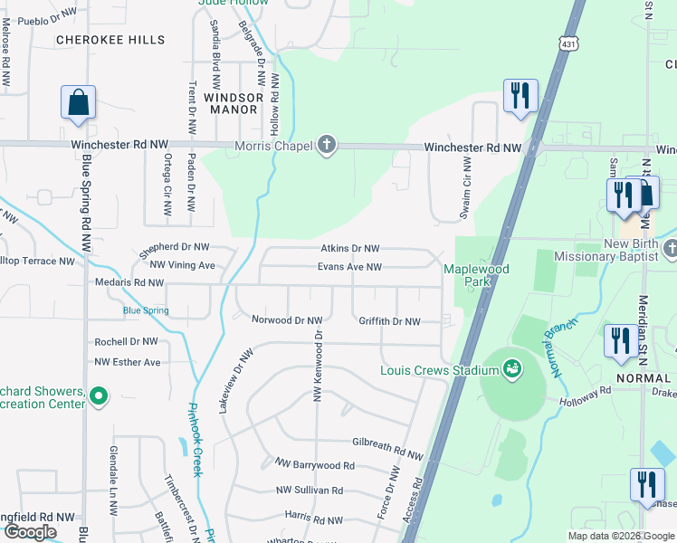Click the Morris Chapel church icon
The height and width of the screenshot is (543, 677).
pos(327,146)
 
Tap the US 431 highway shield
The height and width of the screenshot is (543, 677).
pos(567,44)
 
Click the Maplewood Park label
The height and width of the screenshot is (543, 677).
pos(476,275)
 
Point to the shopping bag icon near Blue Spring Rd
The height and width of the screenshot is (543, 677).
pos(78,102)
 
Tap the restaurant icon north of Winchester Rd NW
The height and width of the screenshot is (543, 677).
pos(520,96)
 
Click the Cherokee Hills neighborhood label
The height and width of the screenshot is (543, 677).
pos(110,40)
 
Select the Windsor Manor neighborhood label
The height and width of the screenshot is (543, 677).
pos(233,102)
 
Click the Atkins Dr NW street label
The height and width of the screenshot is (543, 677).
pos(349,248)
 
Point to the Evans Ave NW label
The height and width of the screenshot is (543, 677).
pos(349,267)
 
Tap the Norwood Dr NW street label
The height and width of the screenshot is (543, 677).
pos(287,320)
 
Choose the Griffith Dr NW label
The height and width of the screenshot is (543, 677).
pos(389,321)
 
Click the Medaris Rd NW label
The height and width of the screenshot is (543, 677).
pos(129,282)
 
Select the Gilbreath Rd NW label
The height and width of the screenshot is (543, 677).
pos(387,447)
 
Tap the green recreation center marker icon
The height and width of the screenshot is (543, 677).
pos(100,395)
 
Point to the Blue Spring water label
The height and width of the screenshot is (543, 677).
pos(146,310)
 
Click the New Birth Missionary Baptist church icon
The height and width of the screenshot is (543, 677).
pos(670,248)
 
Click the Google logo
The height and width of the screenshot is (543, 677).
pos(30,532)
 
